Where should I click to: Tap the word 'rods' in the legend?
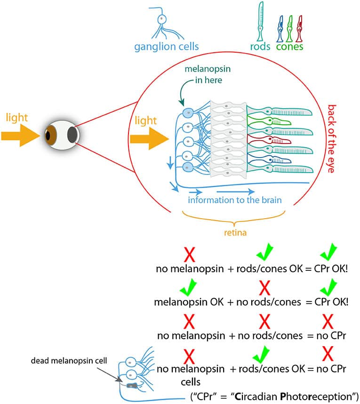[x=262, y=47]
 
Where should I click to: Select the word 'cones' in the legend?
[x=289, y=47]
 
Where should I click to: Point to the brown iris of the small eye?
[x=49, y=135]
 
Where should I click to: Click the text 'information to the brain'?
[x=234, y=200]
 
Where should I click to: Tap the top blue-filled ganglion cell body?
[x=187, y=112]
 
